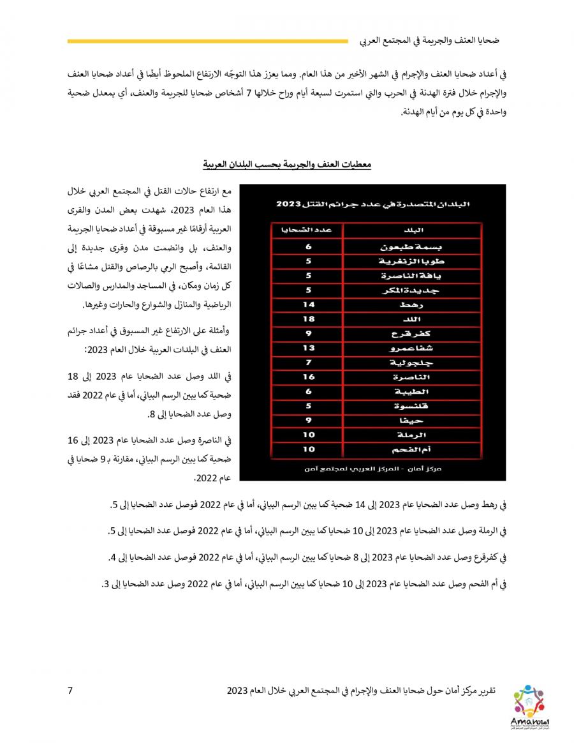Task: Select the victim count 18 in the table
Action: [308, 318]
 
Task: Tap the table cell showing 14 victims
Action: [308, 304]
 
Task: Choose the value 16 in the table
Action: [308, 377]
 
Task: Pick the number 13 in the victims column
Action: [308, 348]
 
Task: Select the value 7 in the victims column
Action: [308, 363]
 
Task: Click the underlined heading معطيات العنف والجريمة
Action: [286, 165]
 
